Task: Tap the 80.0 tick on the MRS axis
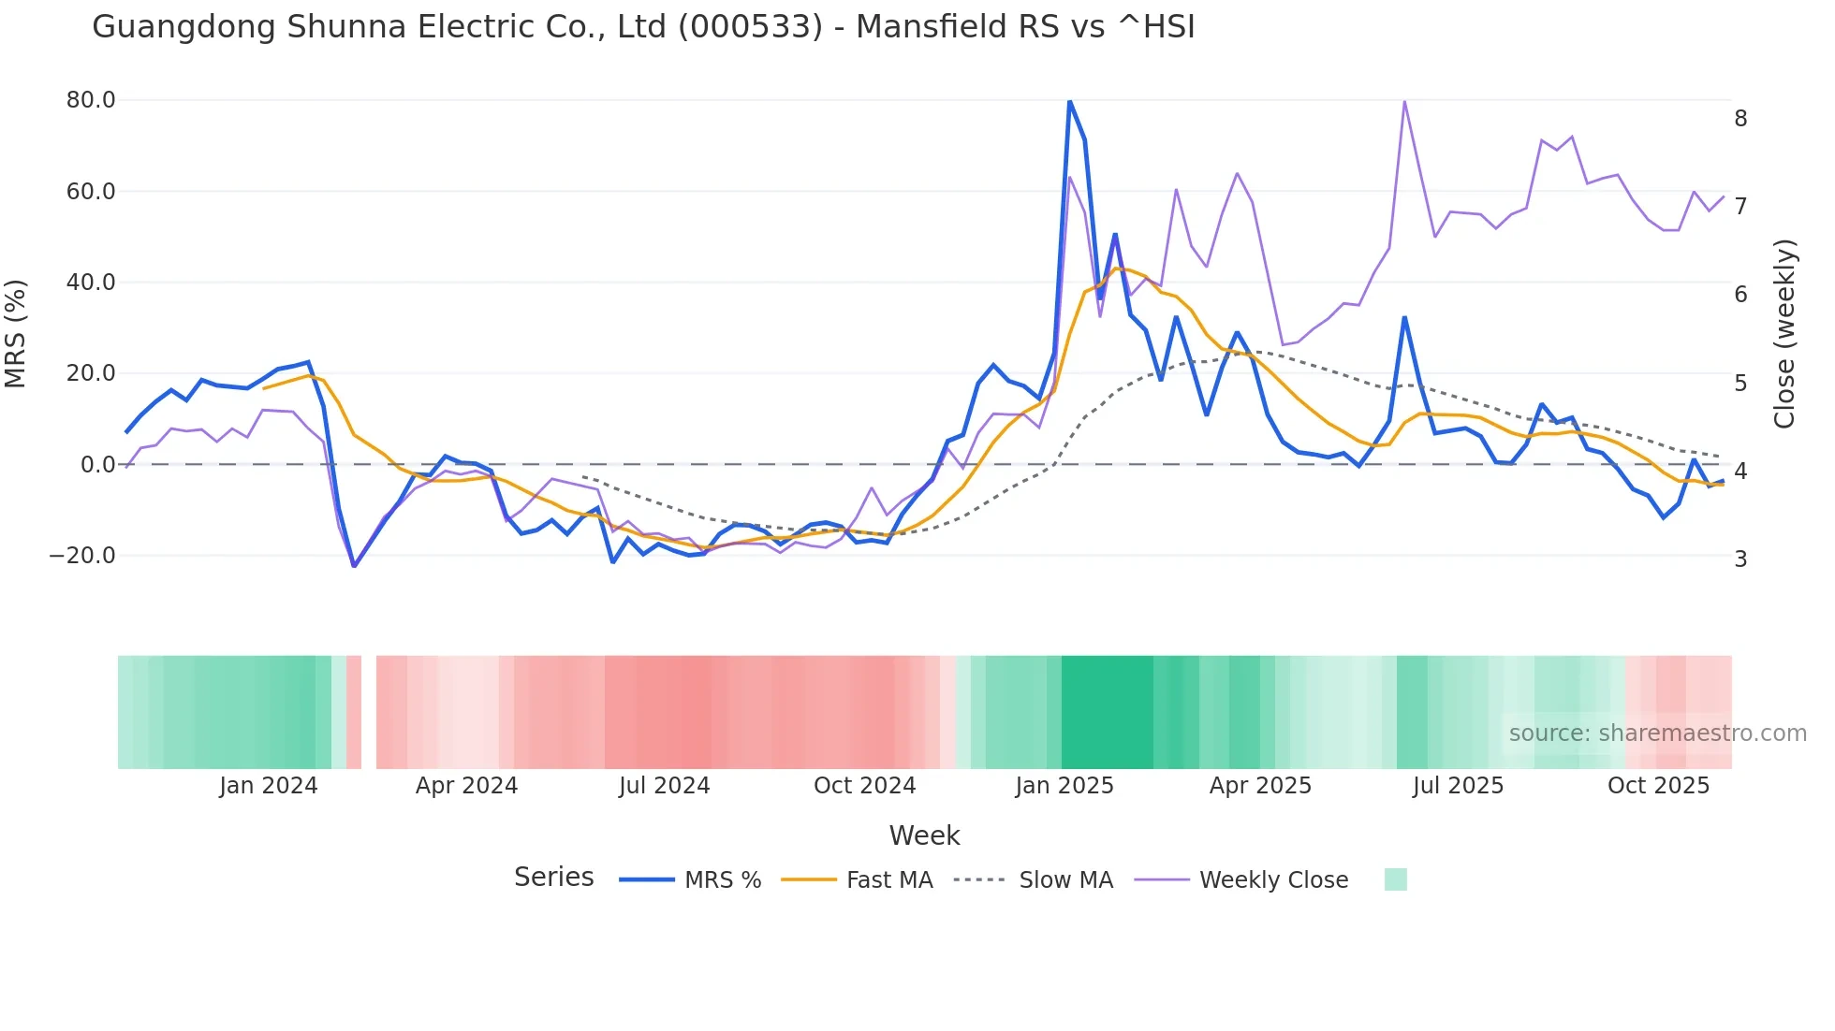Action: [x=91, y=100]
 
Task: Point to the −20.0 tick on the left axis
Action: [x=82, y=556]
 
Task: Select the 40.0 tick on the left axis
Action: [x=91, y=283]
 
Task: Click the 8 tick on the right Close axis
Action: [x=1740, y=119]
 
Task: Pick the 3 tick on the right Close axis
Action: [x=1740, y=559]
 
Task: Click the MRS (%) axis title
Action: [x=16, y=333]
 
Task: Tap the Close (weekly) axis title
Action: [x=1784, y=334]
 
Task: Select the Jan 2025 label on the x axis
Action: [x=1064, y=786]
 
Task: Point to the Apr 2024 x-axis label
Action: [x=466, y=786]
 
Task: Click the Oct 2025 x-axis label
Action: [x=1658, y=786]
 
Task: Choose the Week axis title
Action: [x=924, y=835]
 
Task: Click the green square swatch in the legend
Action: [x=1395, y=879]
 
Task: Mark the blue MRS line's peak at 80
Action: [x=1069, y=101]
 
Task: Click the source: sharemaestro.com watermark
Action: [x=1657, y=733]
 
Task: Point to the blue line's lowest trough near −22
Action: [x=354, y=565]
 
